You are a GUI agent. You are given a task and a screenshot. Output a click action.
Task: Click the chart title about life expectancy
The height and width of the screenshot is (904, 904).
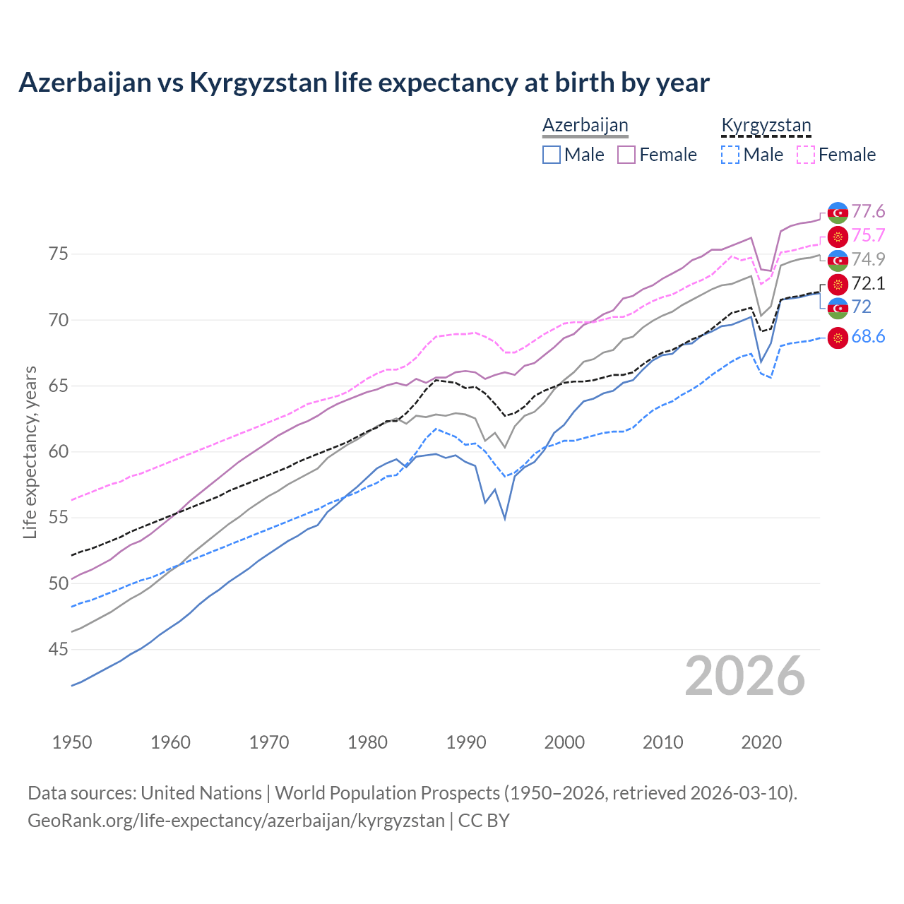364,83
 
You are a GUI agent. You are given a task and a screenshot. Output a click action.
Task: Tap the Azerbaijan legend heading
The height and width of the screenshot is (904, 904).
585,126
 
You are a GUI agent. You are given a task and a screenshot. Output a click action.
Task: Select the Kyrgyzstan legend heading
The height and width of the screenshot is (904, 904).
766,126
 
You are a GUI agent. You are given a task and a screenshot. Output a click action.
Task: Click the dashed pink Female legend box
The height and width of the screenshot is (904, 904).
806,155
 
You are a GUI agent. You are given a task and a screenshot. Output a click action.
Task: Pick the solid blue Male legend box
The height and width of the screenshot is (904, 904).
552,155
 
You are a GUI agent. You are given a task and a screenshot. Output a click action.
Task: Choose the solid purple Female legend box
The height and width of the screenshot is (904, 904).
626,155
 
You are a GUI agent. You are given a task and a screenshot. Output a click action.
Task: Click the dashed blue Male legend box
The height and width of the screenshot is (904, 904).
730,155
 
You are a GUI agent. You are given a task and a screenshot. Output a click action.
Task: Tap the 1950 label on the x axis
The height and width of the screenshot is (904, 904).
72,742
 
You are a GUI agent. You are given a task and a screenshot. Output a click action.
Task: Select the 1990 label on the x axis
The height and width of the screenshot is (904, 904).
466,742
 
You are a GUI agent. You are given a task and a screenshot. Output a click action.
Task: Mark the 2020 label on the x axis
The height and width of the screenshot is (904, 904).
761,742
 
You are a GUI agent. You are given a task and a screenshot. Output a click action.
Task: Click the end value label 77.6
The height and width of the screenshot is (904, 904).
868,212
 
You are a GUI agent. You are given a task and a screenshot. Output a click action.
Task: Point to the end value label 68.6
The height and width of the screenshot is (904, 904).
868,337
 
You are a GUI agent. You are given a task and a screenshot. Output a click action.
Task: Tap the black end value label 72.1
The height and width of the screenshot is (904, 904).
868,284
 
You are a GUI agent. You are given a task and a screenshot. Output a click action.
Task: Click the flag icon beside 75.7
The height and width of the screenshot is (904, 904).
838,237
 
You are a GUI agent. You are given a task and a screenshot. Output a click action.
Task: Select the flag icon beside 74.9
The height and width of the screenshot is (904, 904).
838,260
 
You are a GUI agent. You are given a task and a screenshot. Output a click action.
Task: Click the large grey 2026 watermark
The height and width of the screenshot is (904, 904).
745,676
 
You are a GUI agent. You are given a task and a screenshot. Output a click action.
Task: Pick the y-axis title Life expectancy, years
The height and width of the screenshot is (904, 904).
30,452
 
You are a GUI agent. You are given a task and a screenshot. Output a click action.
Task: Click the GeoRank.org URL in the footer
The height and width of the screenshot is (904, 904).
236,821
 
